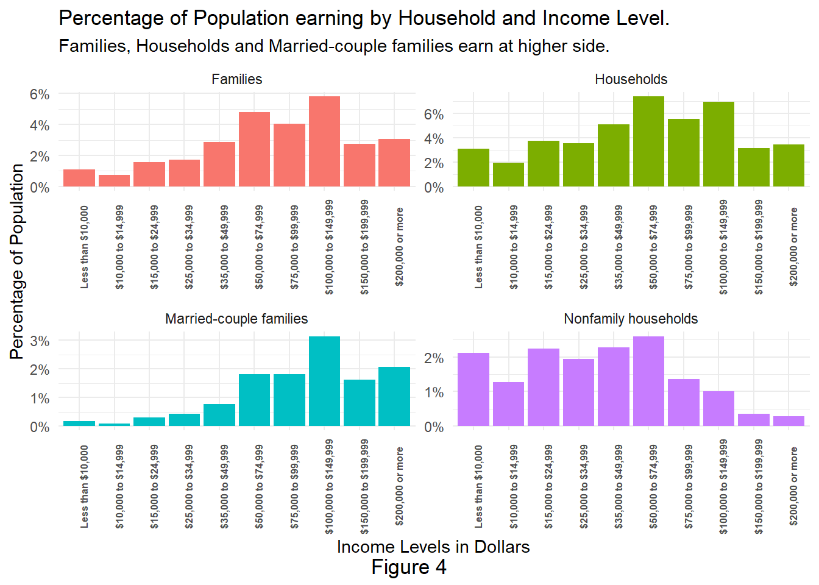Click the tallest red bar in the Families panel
(x=324, y=141)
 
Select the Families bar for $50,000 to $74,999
(x=254, y=149)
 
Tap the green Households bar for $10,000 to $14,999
(x=508, y=174)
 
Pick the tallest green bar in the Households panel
(x=648, y=141)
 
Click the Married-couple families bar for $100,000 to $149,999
(x=324, y=381)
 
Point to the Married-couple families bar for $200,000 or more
(x=394, y=396)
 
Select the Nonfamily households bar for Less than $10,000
(x=473, y=389)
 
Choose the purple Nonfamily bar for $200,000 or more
(x=789, y=421)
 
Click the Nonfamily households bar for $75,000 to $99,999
(x=684, y=402)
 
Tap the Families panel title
(x=236, y=79)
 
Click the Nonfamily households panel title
(x=631, y=319)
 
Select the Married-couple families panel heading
(x=236, y=319)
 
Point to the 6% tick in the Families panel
(x=40, y=94)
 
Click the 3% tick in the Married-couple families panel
(x=40, y=341)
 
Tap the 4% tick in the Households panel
(x=434, y=139)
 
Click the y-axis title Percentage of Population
(x=17, y=262)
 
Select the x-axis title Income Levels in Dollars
(x=433, y=547)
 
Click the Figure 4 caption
(x=409, y=567)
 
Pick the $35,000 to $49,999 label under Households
(x=619, y=247)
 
